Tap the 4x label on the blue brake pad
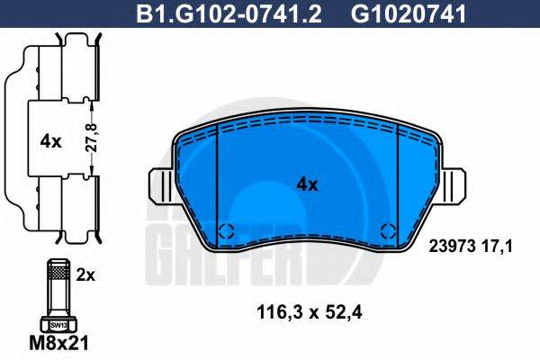[308, 184]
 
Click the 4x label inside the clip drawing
[50, 140]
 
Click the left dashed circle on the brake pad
[229, 229]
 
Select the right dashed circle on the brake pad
[389, 229]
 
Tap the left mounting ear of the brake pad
[163, 186]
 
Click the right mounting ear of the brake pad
[456, 186]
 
